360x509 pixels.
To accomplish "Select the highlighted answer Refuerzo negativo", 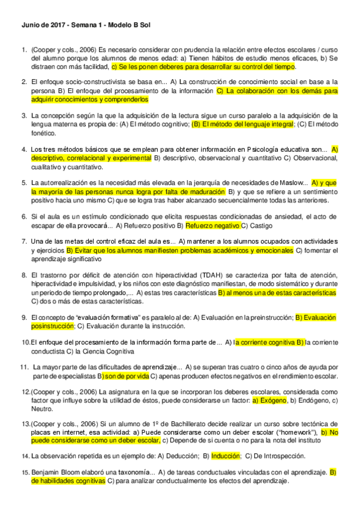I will point(212,225).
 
